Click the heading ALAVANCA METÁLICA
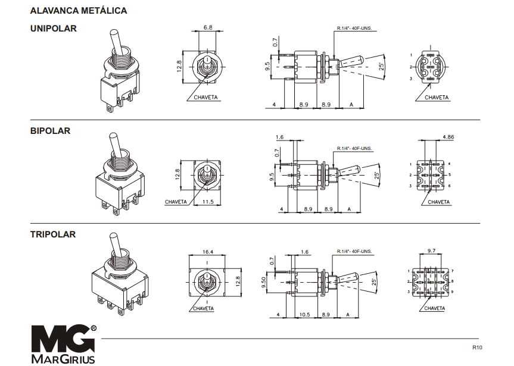(x=79, y=11)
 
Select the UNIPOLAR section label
(x=54, y=29)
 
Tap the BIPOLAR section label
(x=50, y=131)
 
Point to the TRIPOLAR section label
(x=53, y=234)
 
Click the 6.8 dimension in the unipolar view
(x=208, y=27)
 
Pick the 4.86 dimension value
(x=448, y=137)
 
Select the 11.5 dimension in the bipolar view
(x=208, y=202)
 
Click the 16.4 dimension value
(x=208, y=252)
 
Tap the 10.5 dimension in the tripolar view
(x=304, y=315)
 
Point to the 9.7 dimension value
(x=431, y=251)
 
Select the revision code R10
(x=477, y=348)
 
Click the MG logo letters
(x=63, y=339)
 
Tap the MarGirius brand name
(x=63, y=359)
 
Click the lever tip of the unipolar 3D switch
(x=114, y=33)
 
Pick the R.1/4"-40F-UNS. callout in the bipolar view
(x=354, y=148)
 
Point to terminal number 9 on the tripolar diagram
(x=453, y=292)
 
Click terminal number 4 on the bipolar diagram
(x=450, y=164)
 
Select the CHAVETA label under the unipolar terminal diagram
(x=437, y=98)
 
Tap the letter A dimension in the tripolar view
(x=348, y=315)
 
